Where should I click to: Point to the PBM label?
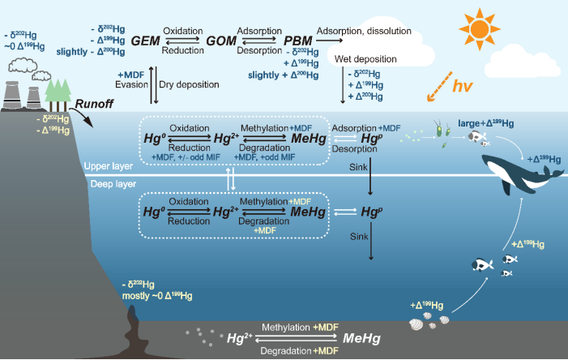[x=298, y=40]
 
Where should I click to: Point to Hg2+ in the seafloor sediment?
[x=239, y=337]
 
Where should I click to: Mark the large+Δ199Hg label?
[x=492, y=123]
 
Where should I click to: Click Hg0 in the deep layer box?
[x=155, y=212]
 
